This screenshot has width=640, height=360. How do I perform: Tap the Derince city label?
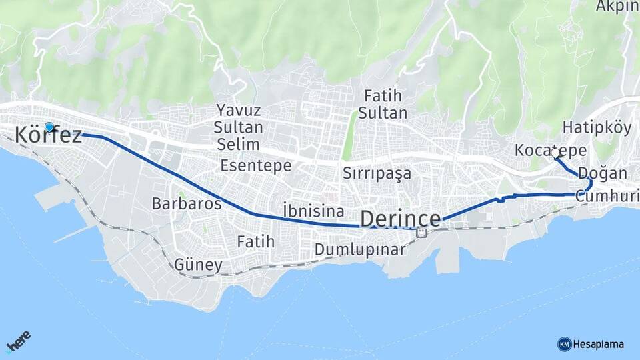point(401,219)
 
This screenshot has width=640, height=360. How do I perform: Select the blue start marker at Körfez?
point(49,126)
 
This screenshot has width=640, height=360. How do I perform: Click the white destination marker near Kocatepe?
point(555,153)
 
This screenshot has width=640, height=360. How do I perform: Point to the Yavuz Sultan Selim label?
point(239,127)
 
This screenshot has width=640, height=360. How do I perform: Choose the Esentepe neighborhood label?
point(256,165)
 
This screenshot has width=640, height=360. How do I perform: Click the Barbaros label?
point(187,203)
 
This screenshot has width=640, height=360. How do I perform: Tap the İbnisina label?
point(313,211)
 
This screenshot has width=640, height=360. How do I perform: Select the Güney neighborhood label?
point(198,265)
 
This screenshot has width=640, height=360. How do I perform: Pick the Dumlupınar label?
point(360,250)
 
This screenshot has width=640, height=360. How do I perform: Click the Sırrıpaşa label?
point(377,173)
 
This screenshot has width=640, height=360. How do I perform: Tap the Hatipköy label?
point(597,127)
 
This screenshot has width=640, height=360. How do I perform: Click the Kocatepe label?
point(541,151)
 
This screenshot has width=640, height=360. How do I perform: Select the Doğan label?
point(603,173)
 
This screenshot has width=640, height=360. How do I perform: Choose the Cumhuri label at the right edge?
point(607,196)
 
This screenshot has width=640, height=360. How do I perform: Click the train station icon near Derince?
point(421,232)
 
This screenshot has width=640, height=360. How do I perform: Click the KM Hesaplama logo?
point(591,344)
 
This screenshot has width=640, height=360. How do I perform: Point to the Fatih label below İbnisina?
point(256,241)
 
